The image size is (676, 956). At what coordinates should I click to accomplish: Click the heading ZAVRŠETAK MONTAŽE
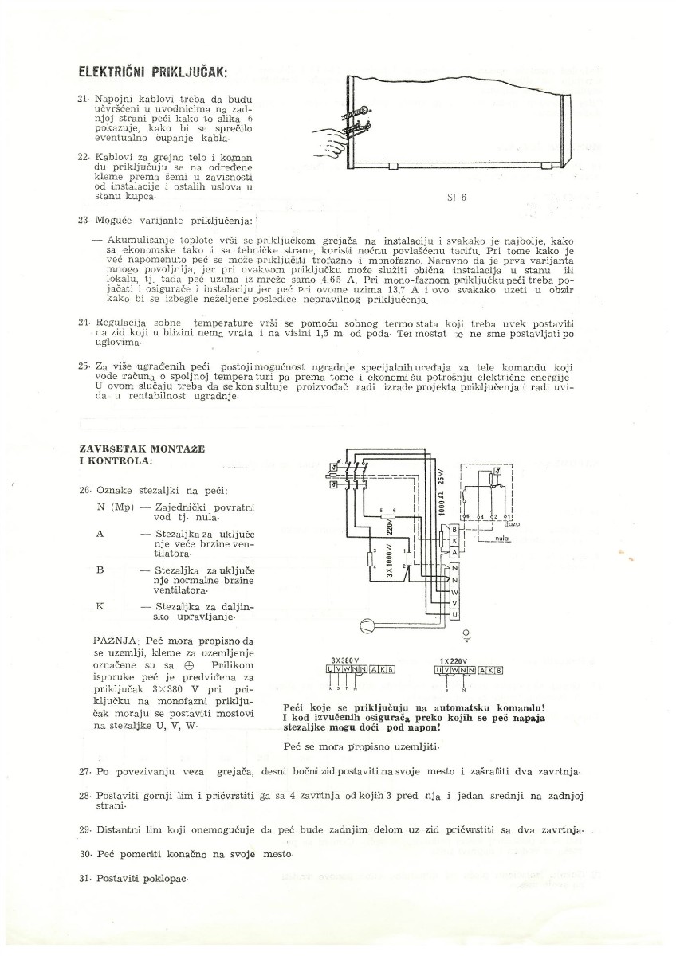pos(141,449)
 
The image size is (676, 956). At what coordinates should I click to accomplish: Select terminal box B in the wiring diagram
pos(454,530)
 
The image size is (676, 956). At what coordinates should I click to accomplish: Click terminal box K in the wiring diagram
pos(454,541)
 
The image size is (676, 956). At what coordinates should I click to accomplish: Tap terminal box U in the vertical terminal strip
pos(454,615)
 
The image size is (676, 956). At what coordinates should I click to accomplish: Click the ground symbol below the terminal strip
pos(466,636)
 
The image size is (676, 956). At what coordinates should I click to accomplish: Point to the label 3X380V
pos(345,660)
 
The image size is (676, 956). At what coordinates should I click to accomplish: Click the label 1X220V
pos(453,660)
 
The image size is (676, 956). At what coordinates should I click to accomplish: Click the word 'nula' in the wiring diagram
pos(501,539)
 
